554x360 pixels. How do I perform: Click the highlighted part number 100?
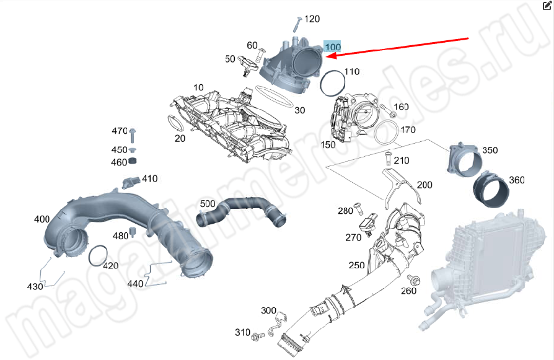click(332, 47)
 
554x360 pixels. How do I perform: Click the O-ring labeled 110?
click(332, 83)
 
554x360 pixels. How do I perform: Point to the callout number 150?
click(328, 144)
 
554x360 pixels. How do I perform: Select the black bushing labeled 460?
click(132, 162)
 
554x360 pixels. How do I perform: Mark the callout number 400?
click(42, 219)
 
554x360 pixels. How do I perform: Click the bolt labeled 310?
click(257, 335)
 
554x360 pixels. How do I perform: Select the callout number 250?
click(356, 265)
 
